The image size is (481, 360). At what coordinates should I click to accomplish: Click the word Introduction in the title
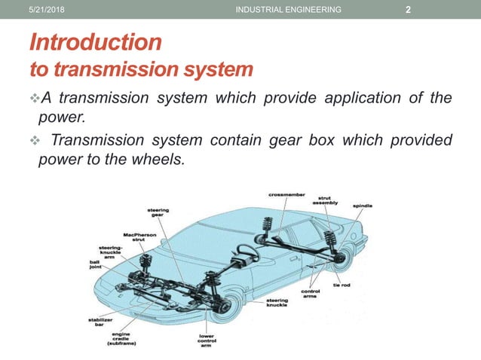click(94, 41)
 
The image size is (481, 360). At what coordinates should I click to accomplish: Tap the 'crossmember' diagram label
click(287, 195)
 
